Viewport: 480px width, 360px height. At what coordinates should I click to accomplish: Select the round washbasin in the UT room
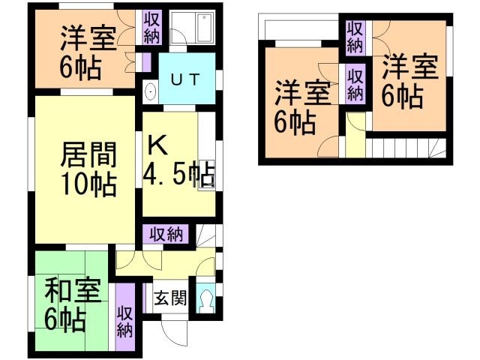[151, 92]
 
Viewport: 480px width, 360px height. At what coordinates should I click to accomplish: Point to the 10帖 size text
[88, 183]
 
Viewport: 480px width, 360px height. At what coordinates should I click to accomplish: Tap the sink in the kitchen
[205, 178]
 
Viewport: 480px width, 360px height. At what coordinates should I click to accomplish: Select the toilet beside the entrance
[206, 299]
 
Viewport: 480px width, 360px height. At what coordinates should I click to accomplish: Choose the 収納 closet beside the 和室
[124, 318]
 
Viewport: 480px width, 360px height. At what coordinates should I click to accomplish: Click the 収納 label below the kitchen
[166, 234]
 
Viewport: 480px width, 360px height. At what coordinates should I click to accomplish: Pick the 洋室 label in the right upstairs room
[409, 69]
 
